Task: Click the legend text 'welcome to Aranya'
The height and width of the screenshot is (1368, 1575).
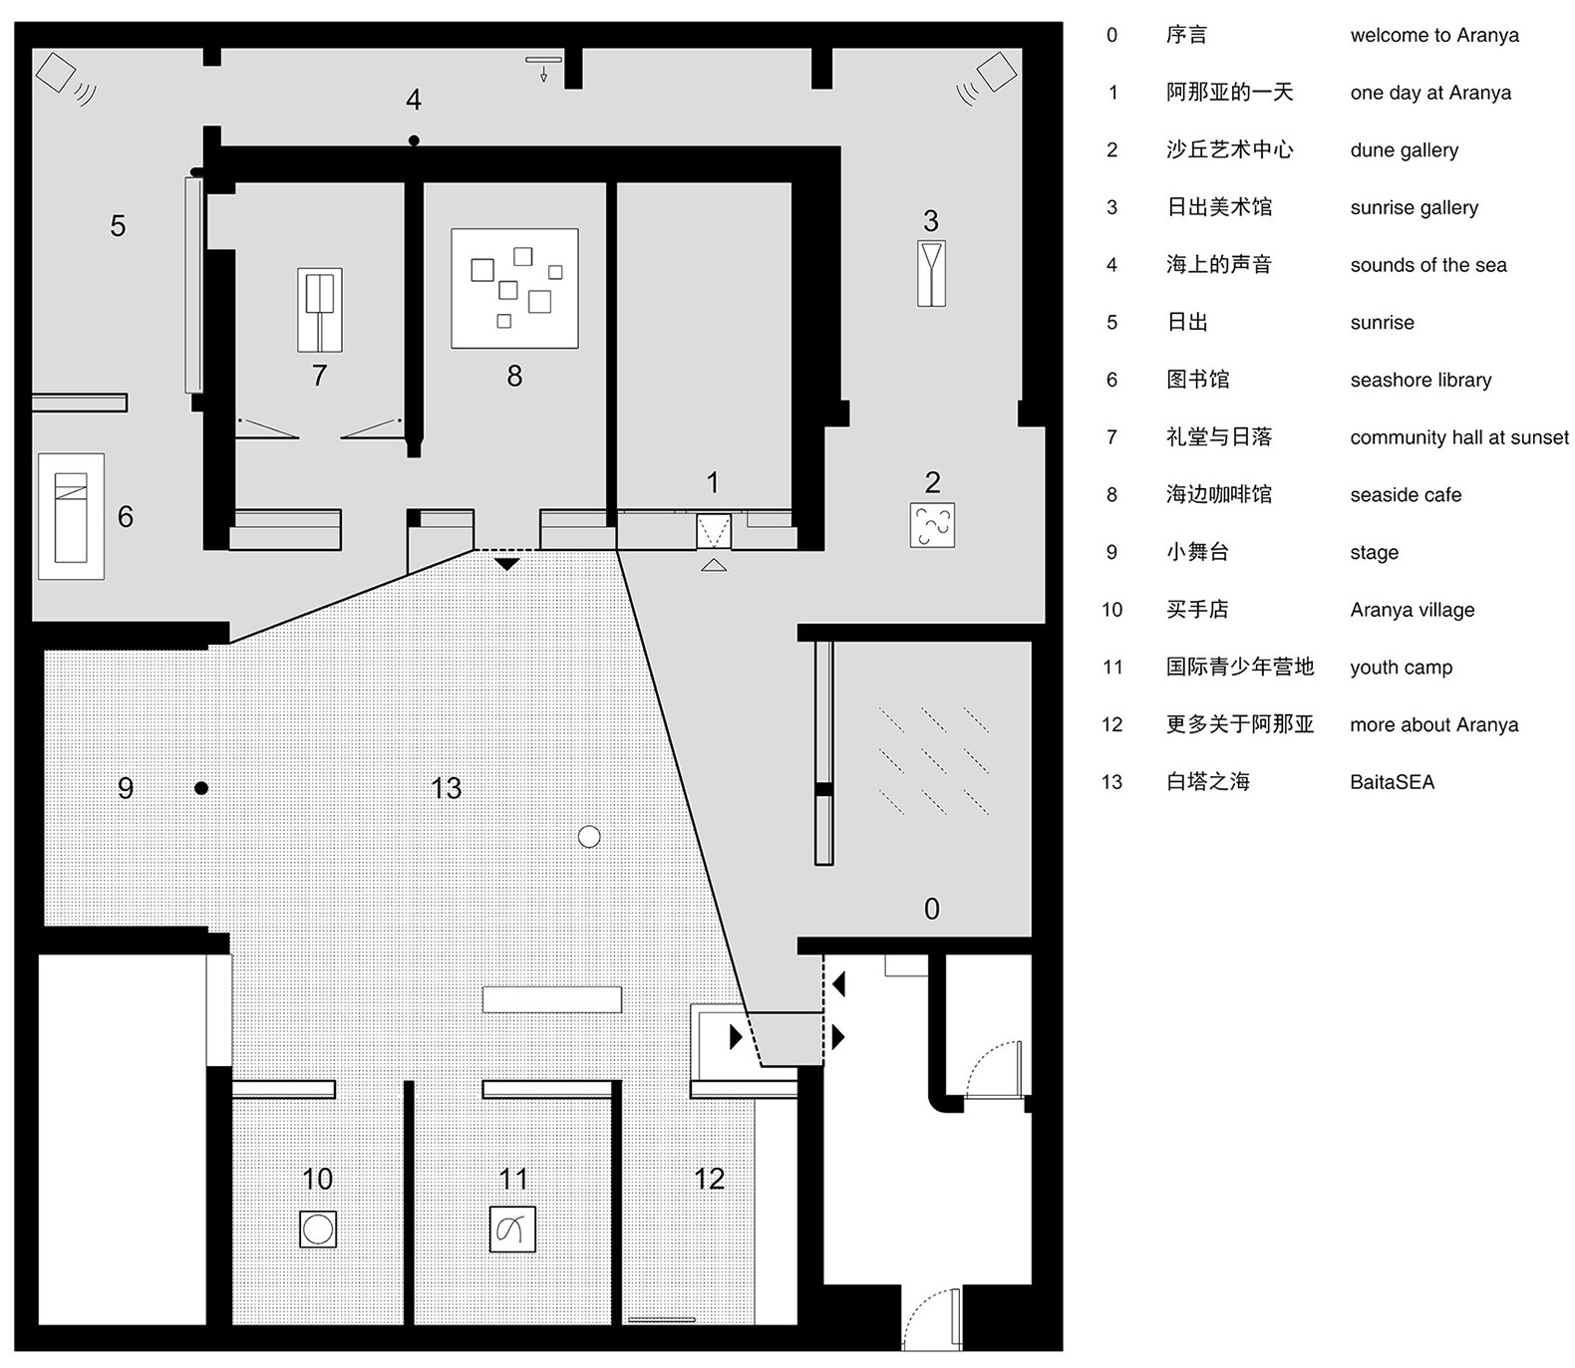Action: [x=1434, y=36]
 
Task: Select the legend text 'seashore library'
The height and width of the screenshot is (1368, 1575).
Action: [x=1420, y=381]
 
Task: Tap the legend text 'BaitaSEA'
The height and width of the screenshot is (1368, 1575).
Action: [x=1392, y=782]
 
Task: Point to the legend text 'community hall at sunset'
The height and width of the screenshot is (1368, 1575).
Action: [x=1459, y=437]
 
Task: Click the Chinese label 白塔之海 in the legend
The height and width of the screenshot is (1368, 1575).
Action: [x=1208, y=782]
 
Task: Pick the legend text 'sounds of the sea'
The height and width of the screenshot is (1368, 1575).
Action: [x=1428, y=265]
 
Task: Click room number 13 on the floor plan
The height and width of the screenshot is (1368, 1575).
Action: [x=446, y=788]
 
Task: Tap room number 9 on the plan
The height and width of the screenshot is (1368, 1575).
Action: [x=126, y=788]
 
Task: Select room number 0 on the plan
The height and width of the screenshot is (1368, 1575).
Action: [x=931, y=909]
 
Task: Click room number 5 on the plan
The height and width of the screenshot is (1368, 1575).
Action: [x=118, y=226]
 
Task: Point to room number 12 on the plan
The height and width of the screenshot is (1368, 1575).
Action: [x=709, y=1179]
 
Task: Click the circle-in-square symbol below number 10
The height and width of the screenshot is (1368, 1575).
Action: [x=318, y=1230]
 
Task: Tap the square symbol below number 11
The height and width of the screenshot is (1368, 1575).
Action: [x=513, y=1230]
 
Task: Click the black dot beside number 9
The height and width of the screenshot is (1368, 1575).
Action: [x=201, y=788]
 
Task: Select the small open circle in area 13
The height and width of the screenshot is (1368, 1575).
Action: [x=589, y=837]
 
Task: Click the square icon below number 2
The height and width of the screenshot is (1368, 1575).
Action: [x=932, y=525]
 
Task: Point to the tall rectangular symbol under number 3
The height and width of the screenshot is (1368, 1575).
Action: [x=931, y=273]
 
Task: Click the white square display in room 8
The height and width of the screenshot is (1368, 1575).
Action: [x=514, y=289]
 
